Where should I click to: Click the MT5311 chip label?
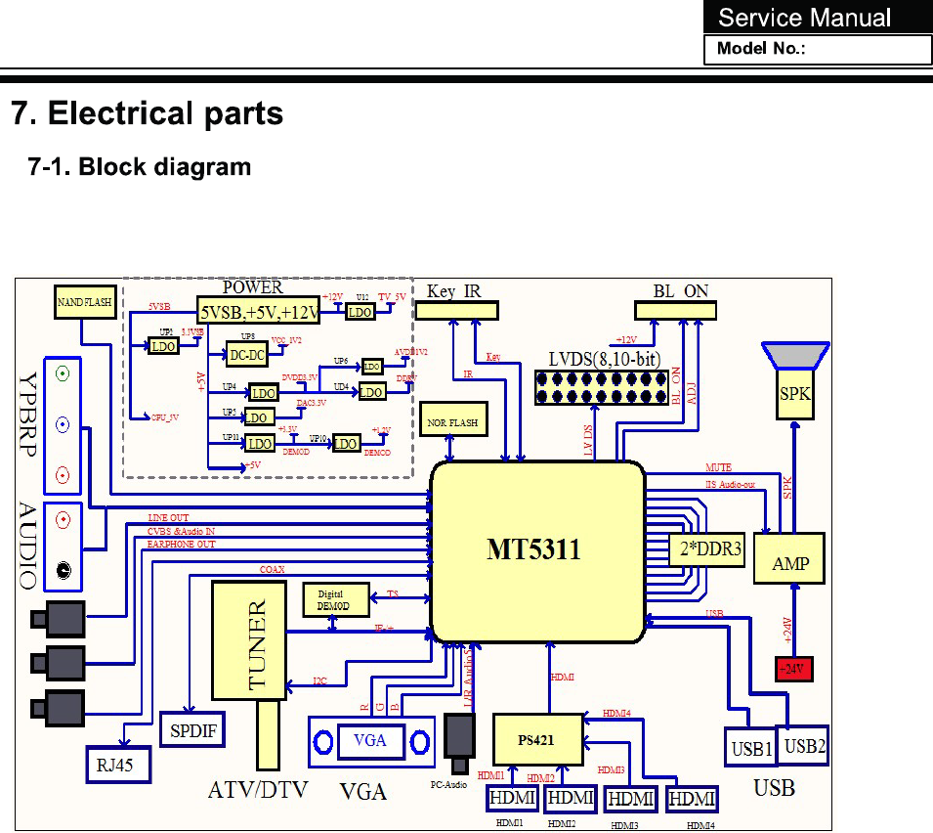coord(533,550)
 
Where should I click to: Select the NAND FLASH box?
coord(85,303)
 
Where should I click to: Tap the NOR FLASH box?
coord(452,422)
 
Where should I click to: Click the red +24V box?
coord(793,670)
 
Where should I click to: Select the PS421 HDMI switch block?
coord(537,739)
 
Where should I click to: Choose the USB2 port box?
coord(805,745)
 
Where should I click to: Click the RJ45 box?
coord(121,765)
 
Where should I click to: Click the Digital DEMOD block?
coord(336,599)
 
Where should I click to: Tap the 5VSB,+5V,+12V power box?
coord(259,312)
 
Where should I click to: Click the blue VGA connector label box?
coord(369,740)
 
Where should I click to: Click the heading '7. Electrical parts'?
coord(147,113)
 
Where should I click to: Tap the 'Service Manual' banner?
coord(805,18)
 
